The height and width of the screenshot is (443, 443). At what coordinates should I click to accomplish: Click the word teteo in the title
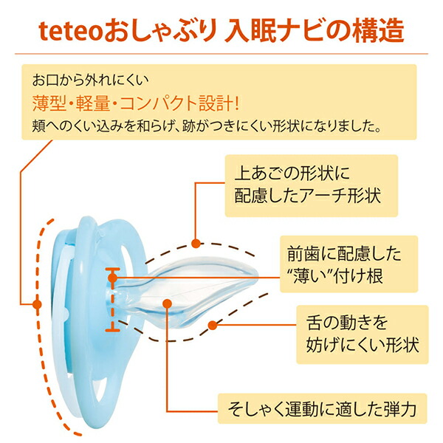point(70,31)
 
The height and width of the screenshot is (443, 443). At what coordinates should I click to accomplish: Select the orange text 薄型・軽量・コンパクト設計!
point(136,103)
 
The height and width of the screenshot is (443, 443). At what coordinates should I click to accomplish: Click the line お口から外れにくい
point(90,80)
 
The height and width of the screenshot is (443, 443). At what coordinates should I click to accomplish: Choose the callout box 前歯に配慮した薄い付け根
point(348,264)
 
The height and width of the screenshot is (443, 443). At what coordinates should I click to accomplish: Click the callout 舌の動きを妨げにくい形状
point(363,334)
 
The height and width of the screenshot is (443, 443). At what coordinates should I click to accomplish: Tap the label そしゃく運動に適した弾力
point(322,408)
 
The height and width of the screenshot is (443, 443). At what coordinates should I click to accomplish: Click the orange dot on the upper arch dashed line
point(196,243)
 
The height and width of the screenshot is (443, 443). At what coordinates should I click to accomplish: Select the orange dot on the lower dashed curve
point(213,325)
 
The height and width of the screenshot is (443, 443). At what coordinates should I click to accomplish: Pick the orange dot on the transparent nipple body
point(168,303)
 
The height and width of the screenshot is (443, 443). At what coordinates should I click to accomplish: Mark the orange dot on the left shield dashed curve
point(37,304)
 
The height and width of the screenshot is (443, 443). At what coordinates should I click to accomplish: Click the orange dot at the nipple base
point(113,278)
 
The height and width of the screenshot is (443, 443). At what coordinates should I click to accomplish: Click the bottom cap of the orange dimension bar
point(112,330)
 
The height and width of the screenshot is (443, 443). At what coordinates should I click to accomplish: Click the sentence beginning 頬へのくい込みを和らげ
point(206,126)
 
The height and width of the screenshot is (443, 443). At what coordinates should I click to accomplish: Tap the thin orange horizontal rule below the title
point(221,53)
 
